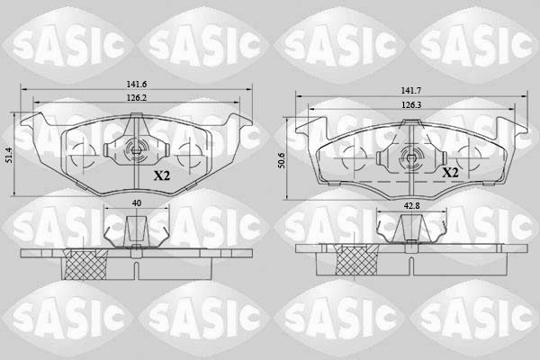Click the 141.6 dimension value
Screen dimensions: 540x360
[137, 84]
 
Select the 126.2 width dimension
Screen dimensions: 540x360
[137, 98]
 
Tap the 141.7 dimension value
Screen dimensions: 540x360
[411, 91]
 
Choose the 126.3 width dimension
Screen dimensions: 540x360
[411, 104]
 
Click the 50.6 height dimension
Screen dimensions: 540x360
[282, 160]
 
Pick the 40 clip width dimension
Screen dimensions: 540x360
[137, 203]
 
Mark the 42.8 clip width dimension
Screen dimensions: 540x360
[411, 206]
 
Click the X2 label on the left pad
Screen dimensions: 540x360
[162, 176]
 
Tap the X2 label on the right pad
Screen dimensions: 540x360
[450, 172]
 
